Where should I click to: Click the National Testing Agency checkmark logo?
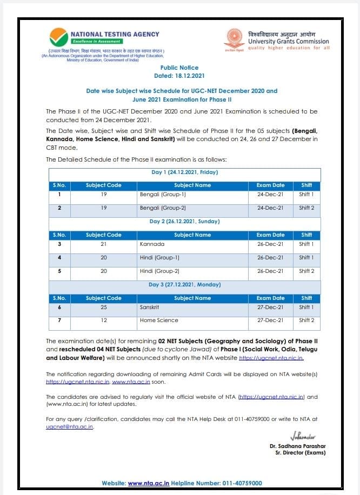coord(59,38)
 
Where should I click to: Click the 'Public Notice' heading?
coord(179,68)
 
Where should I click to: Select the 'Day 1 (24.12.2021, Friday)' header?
coord(185,172)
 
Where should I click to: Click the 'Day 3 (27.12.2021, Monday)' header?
coord(185,285)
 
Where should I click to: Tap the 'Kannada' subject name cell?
coord(152,244)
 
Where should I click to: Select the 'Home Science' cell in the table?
coord(158,320)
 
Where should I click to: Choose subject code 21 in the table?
coord(103,244)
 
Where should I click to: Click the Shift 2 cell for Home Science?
coord(306,320)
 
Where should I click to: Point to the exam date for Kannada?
coord(270,244)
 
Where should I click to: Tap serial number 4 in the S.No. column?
coord(59,258)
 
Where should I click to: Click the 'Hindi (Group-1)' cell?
coord(159,258)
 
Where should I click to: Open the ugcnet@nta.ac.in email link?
coord(70,426)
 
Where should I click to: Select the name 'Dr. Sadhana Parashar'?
coord(298,446)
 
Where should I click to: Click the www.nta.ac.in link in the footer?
coord(149,483)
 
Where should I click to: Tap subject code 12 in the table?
coord(103,320)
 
